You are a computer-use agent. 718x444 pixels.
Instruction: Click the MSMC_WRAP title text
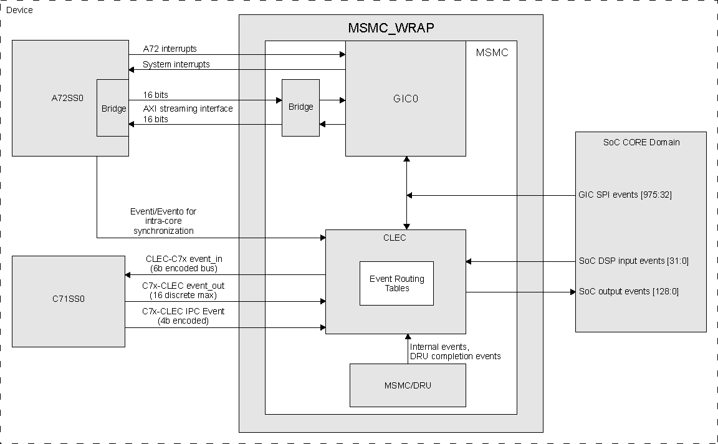(391, 29)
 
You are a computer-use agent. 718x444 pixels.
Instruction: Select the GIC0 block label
(406, 99)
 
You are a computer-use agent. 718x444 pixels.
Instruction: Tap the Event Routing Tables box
(396, 283)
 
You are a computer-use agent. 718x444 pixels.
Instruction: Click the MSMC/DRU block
(408, 385)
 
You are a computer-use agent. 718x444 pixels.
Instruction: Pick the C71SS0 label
(69, 299)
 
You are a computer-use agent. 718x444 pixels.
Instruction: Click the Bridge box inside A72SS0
(113, 108)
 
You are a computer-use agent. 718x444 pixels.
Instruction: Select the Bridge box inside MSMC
(300, 107)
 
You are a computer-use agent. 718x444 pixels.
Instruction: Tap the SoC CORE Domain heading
(641, 142)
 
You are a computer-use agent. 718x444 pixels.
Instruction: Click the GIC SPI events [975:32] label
(625, 195)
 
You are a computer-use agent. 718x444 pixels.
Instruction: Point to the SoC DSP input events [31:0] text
(634, 261)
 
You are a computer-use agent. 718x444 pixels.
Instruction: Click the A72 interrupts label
(170, 49)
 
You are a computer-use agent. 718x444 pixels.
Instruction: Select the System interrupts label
(176, 64)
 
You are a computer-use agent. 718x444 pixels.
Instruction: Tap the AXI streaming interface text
(188, 109)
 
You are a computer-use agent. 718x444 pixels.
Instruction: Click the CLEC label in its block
(395, 237)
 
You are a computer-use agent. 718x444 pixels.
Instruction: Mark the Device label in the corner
(19, 10)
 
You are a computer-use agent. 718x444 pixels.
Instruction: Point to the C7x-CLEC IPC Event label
(183, 311)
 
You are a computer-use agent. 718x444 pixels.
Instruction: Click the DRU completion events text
(455, 356)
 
